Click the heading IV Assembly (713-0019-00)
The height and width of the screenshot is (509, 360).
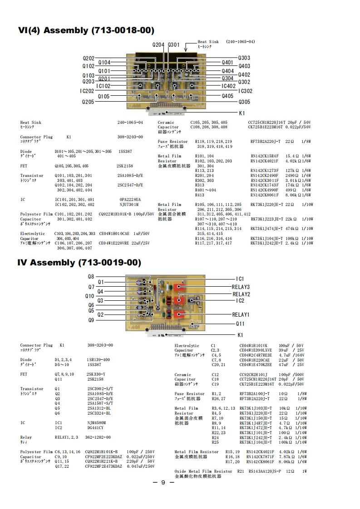point(79,263)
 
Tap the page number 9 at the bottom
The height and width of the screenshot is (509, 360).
point(164,482)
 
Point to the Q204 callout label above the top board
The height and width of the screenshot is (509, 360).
point(158,45)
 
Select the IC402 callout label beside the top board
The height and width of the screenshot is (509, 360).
point(228,86)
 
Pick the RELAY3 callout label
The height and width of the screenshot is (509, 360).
point(241,287)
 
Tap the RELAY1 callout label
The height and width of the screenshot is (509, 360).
point(241,314)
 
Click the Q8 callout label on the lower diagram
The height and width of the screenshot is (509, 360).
point(91,276)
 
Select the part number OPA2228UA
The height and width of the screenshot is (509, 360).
point(130,200)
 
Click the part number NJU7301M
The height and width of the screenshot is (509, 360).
point(129,205)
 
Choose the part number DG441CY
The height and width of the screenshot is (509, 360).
point(95,428)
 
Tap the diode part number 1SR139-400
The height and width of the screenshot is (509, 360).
point(98,360)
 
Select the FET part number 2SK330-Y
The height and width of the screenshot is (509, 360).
point(96,374)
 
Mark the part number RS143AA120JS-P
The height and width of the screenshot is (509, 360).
point(265,471)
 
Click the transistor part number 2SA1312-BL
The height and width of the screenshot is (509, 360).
point(99,408)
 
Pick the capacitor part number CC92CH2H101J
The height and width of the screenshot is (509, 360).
point(255,375)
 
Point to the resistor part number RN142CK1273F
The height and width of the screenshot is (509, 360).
point(265,171)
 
